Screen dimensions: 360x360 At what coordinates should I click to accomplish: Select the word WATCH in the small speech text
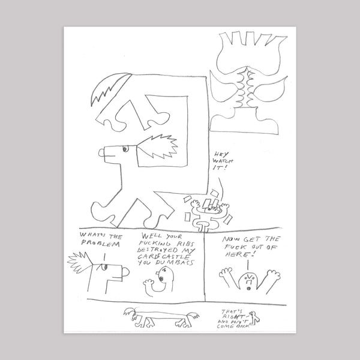click(220, 161)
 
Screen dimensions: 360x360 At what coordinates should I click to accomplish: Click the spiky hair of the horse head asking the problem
click(82, 263)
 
